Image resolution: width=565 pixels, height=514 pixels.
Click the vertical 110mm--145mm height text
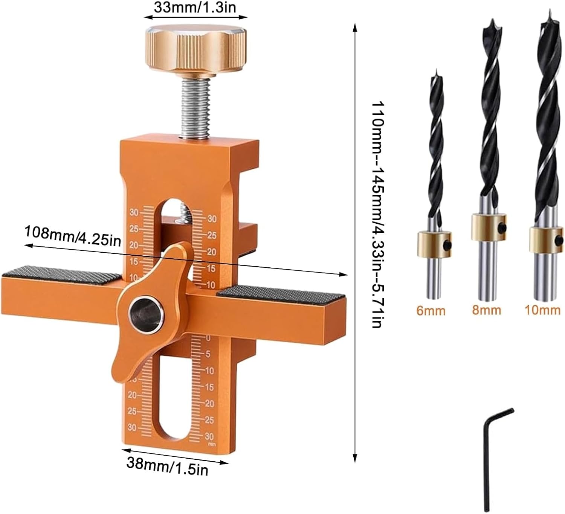[x=377, y=215]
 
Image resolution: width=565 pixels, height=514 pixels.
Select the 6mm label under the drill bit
[x=431, y=311]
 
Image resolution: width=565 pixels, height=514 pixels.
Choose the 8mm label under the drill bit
[x=486, y=310]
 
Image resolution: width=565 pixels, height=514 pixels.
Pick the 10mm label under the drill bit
[x=542, y=310]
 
